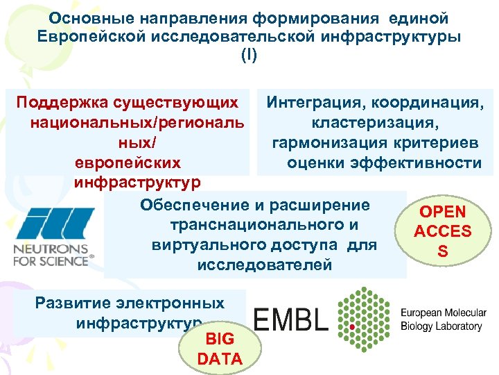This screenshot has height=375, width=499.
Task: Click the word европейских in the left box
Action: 127,162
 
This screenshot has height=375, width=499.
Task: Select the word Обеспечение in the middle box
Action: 189,205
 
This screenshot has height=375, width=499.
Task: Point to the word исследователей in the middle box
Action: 264,265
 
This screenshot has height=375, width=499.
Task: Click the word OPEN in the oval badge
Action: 443,212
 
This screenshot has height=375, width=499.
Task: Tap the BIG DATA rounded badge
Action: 220,348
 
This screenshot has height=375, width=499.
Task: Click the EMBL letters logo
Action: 290,319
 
